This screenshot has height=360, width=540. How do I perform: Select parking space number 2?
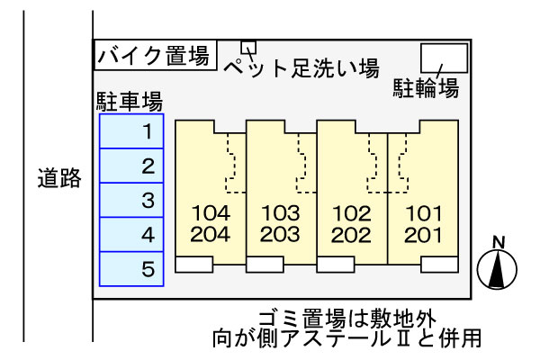(x=131, y=166)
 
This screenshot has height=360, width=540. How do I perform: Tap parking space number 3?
(x=131, y=201)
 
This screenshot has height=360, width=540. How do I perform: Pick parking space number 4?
(x=131, y=235)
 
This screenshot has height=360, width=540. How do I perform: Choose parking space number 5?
(x=131, y=268)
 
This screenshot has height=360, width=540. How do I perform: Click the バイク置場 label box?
(x=154, y=56)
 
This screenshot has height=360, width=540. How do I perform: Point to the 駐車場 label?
(x=129, y=99)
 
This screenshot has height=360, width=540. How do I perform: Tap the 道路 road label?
(x=59, y=178)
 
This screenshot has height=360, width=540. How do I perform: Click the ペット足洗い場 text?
(x=300, y=67)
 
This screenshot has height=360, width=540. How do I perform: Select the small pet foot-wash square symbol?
(x=248, y=48)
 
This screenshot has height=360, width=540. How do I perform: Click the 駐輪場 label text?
(x=426, y=88)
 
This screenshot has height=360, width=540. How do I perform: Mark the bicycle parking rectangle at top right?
(x=445, y=58)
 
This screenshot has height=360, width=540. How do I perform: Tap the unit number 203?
(x=280, y=235)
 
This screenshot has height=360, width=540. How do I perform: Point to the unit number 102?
(x=351, y=214)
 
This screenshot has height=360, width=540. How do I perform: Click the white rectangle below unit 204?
(x=194, y=265)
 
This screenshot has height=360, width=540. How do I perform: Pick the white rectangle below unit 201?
(x=440, y=265)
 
